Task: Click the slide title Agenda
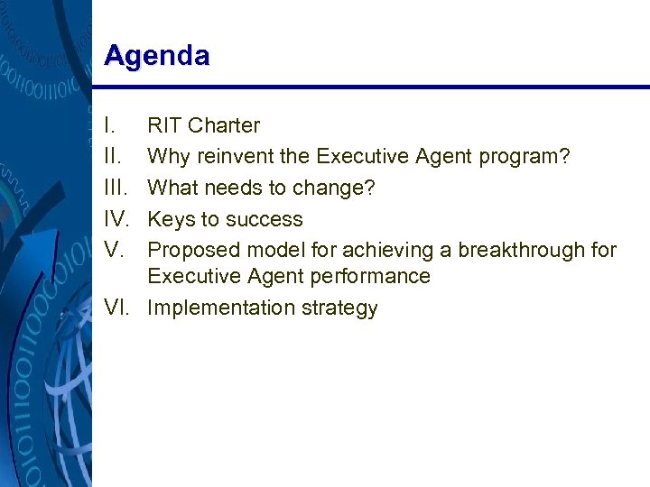coord(156,56)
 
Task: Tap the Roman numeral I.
coord(108,126)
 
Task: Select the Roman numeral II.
coord(112,157)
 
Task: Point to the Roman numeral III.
coord(116,188)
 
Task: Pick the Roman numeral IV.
coord(117,219)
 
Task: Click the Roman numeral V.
coord(112,250)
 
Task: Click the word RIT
coord(165,126)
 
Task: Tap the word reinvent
coord(237,157)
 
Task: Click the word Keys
coord(172,219)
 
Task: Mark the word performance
coord(370,276)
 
